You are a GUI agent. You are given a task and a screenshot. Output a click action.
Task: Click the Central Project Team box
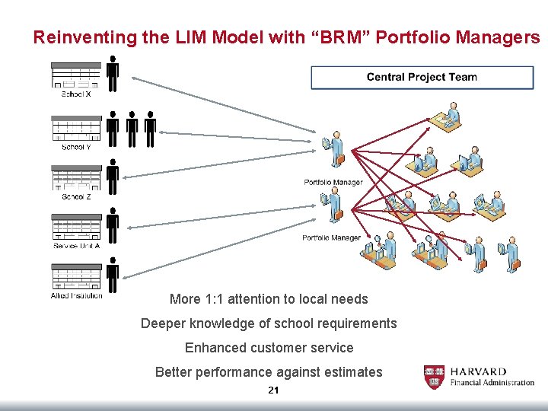[422, 77]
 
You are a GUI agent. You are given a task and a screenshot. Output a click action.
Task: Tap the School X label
[76, 94]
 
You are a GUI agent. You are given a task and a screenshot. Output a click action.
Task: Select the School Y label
[76, 147]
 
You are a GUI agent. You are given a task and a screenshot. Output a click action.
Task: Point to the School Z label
[76, 196]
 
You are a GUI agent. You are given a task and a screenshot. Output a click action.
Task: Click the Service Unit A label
[76, 246]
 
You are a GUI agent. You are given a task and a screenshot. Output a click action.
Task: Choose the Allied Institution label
[76, 295]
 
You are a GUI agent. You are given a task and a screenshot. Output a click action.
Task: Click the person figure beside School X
[113, 75]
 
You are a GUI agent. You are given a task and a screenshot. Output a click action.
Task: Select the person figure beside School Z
[113, 177]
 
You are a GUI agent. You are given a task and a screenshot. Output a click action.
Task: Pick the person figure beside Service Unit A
[113, 226]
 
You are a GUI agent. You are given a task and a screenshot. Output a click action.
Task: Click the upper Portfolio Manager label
[333, 183]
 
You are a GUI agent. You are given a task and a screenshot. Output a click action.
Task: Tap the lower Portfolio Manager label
[331, 238]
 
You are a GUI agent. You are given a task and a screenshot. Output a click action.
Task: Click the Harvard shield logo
[434, 377]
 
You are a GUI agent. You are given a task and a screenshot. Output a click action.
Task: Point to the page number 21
[273, 390]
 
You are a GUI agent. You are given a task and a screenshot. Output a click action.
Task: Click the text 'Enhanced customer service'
[269, 348]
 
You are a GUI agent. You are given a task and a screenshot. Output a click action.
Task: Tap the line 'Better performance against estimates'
[269, 372]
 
